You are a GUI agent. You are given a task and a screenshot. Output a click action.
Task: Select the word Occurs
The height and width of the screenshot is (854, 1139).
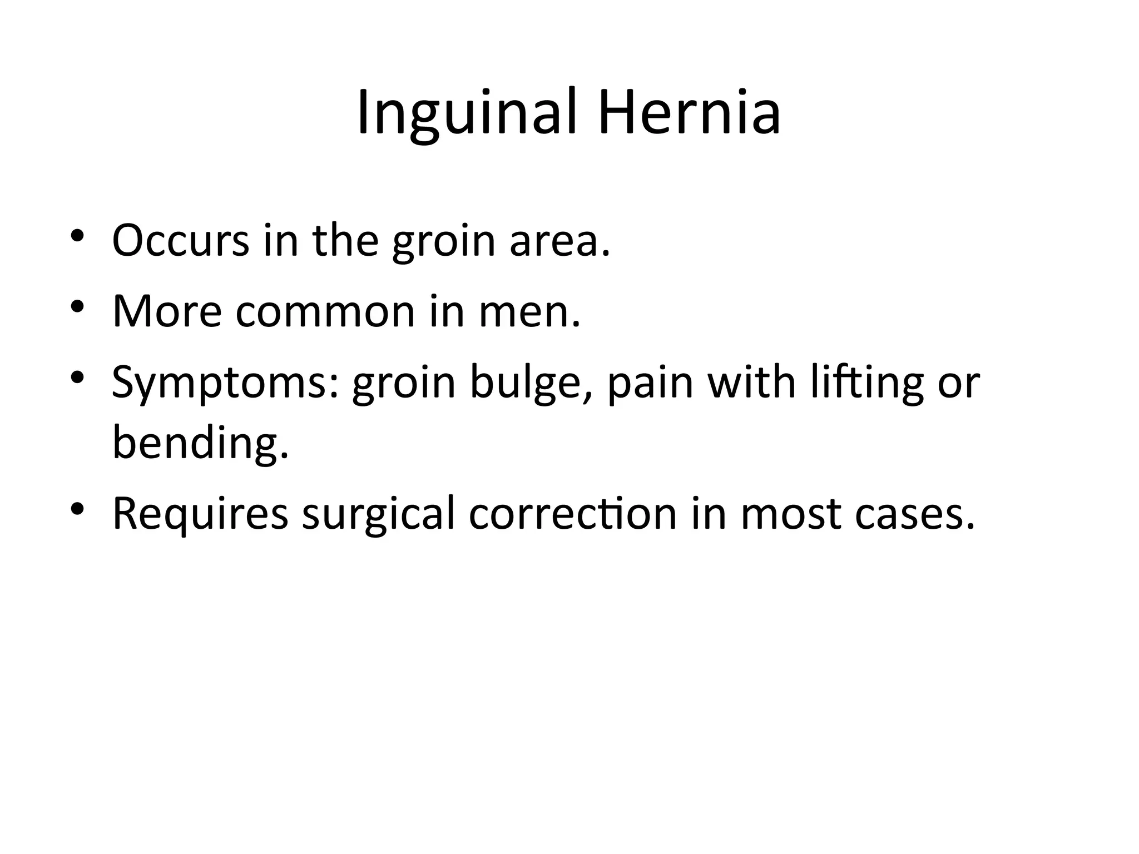[181, 240]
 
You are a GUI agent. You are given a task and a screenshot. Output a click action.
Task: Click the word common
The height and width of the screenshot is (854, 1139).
[325, 311]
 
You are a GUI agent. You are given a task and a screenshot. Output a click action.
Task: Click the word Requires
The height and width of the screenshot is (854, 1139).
[200, 515]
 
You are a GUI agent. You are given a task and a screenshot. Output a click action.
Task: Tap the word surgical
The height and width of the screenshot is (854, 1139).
[378, 515]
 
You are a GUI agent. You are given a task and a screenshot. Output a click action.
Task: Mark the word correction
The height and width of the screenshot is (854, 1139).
[573, 514]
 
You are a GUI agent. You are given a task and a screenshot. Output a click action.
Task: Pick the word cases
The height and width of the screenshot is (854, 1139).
[915, 515]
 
